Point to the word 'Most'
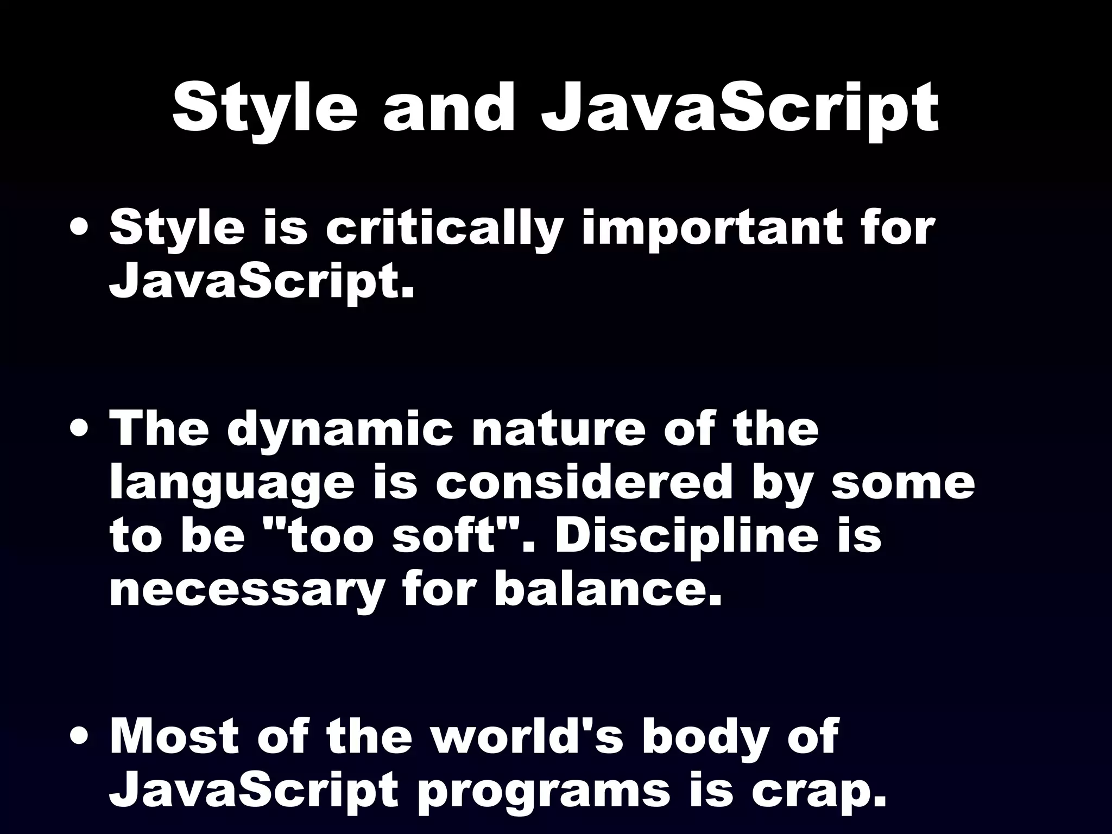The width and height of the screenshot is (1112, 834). [174, 737]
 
